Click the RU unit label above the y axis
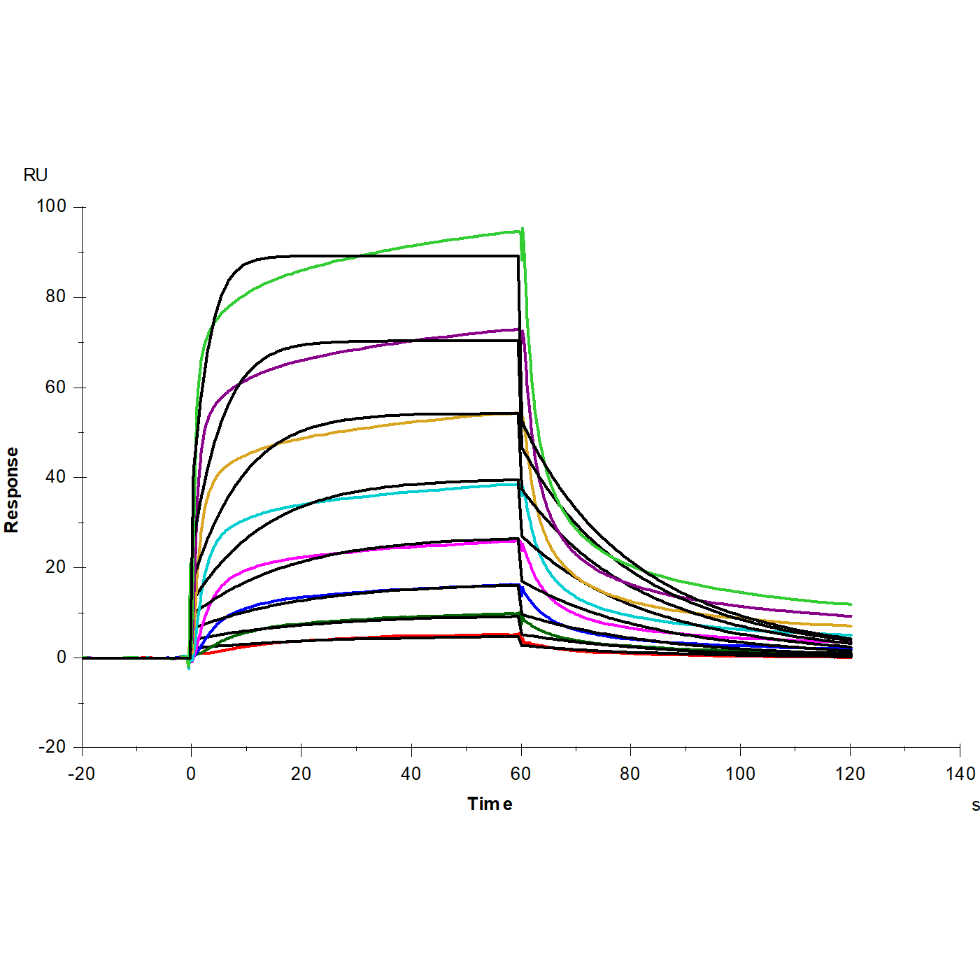click(x=35, y=175)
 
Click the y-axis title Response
click(x=12, y=490)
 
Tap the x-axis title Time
click(x=490, y=804)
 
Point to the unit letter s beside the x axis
click(x=975, y=805)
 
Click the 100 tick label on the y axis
click(x=51, y=206)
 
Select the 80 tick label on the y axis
click(x=55, y=297)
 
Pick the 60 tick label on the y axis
click(x=55, y=387)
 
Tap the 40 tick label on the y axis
click(x=55, y=477)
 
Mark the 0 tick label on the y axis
click(x=62, y=658)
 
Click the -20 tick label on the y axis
click(x=52, y=747)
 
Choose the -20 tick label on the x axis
click(x=81, y=774)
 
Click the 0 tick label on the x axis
click(x=191, y=774)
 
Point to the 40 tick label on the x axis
click(x=411, y=774)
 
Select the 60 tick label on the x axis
click(x=520, y=774)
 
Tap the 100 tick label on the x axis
click(x=740, y=774)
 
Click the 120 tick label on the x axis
click(x=850, y=774)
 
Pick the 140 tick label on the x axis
click(x=960, y=774)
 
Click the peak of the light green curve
click(x=522, y=229)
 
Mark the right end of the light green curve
click(x=851, y=604)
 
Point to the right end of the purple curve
click(x=851, y=616)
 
